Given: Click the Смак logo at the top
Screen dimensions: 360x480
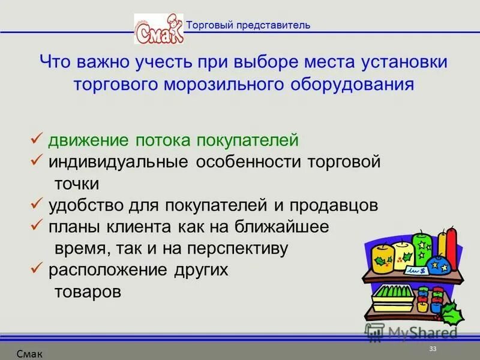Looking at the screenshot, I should click(158, 28).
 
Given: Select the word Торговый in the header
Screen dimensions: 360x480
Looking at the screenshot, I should click(207, 25).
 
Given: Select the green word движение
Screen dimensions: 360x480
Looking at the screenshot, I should click(86, 140).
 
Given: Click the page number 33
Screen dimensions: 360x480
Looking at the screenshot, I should click(433, 350).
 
